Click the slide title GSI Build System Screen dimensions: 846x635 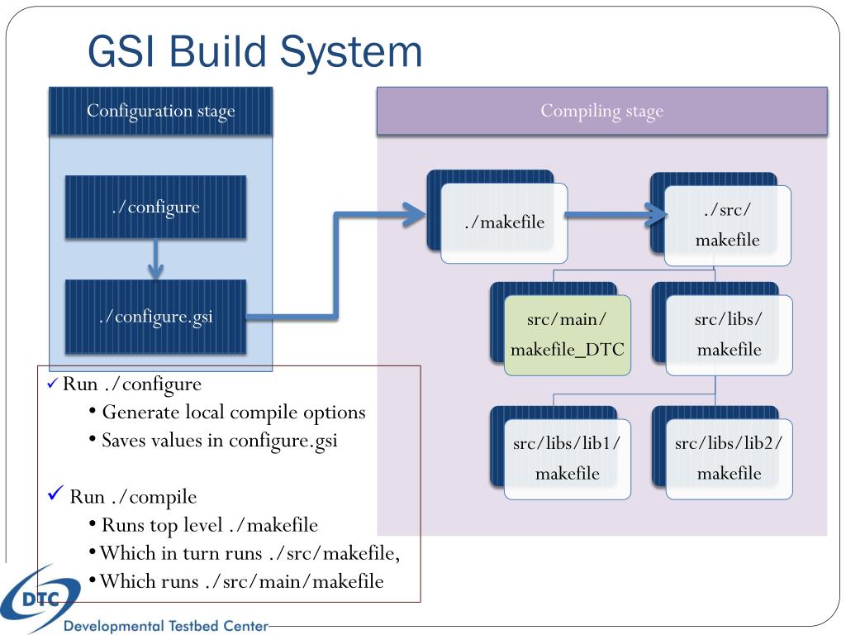[254, 52]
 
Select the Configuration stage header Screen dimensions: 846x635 [161, 111]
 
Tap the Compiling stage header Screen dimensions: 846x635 [601, 111]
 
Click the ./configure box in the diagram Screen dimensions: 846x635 [155, 207]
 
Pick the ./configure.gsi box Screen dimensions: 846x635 [155, 317]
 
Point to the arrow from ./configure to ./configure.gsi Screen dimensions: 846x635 [155, 259]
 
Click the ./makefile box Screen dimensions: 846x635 [504, 222]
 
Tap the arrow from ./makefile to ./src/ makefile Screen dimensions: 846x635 [616, 215]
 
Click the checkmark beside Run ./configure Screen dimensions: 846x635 [52, 384]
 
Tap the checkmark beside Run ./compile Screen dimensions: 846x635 [55, 493]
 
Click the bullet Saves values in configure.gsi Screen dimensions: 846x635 [214, 441]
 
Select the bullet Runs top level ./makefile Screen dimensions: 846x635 [203, 525]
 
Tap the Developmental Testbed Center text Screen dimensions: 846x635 [165, 626]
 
